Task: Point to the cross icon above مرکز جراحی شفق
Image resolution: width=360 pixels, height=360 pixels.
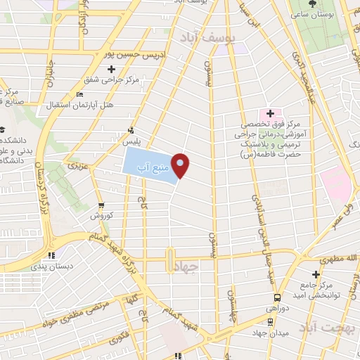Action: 111,69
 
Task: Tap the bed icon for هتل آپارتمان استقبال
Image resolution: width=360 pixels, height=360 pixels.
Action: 79,94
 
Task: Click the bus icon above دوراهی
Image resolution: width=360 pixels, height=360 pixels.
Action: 278,297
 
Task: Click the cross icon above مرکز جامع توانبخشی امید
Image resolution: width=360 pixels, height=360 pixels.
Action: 314,274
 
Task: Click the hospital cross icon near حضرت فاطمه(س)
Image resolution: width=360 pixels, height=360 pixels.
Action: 269,113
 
